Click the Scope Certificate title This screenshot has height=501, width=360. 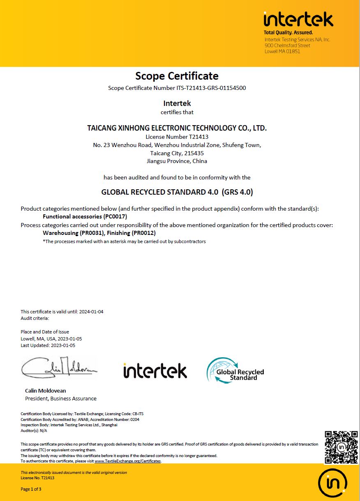[177, 76]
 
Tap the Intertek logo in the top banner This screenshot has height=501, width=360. [298, 19]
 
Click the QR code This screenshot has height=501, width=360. [341, 447]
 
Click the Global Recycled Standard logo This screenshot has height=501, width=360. [235, 370]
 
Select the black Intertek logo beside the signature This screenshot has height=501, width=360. [155, 370]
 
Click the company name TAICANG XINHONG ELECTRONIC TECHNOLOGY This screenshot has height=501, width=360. [177, 128]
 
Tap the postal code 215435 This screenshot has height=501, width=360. [193, 153]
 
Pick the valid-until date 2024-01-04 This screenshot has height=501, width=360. [92, 312]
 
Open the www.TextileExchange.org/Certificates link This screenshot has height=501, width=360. [128, 461]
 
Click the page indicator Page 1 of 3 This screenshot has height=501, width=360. [31, 489]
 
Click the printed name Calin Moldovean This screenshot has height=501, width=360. [45, 391]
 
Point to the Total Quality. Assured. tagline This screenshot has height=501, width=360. [288, 32]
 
